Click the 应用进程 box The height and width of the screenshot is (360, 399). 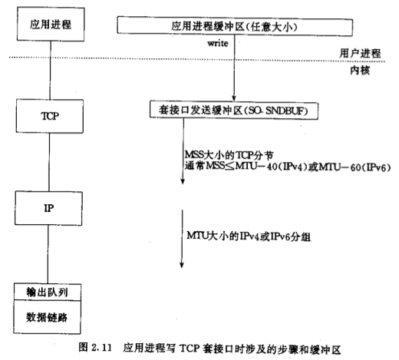[x=51, y=24]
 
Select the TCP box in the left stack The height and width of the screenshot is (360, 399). [x=50, y=116]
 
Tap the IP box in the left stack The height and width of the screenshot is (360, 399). [x=48, y=208]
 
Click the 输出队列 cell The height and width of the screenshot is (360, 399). [x=48, y=292]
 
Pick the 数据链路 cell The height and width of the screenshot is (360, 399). [x=47, y=317]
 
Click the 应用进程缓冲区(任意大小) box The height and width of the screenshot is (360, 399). [x=235, y=26]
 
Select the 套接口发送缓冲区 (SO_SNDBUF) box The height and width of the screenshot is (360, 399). [x=234, y=111]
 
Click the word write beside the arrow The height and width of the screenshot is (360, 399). [x=218, y=43]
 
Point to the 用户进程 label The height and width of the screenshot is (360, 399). [x=360, y=53]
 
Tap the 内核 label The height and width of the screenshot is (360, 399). [x=360, y=70]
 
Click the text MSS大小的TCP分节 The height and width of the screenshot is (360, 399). [x=229, y=155]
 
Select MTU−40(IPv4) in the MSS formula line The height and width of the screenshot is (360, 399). [x=273, y=167]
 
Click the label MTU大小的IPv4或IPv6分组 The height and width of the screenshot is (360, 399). [x=249, y=236]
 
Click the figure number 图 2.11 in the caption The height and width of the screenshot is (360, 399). [x=95, y=348]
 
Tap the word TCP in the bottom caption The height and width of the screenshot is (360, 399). [x=190, y=348]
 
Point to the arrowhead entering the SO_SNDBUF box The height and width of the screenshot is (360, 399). [x=234, y=98]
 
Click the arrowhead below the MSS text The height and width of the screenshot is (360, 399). [x=183, y=181]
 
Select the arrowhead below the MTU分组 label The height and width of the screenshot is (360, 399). [x=182, y=265]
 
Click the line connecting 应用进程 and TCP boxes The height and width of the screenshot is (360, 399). [x=50, y=71]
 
